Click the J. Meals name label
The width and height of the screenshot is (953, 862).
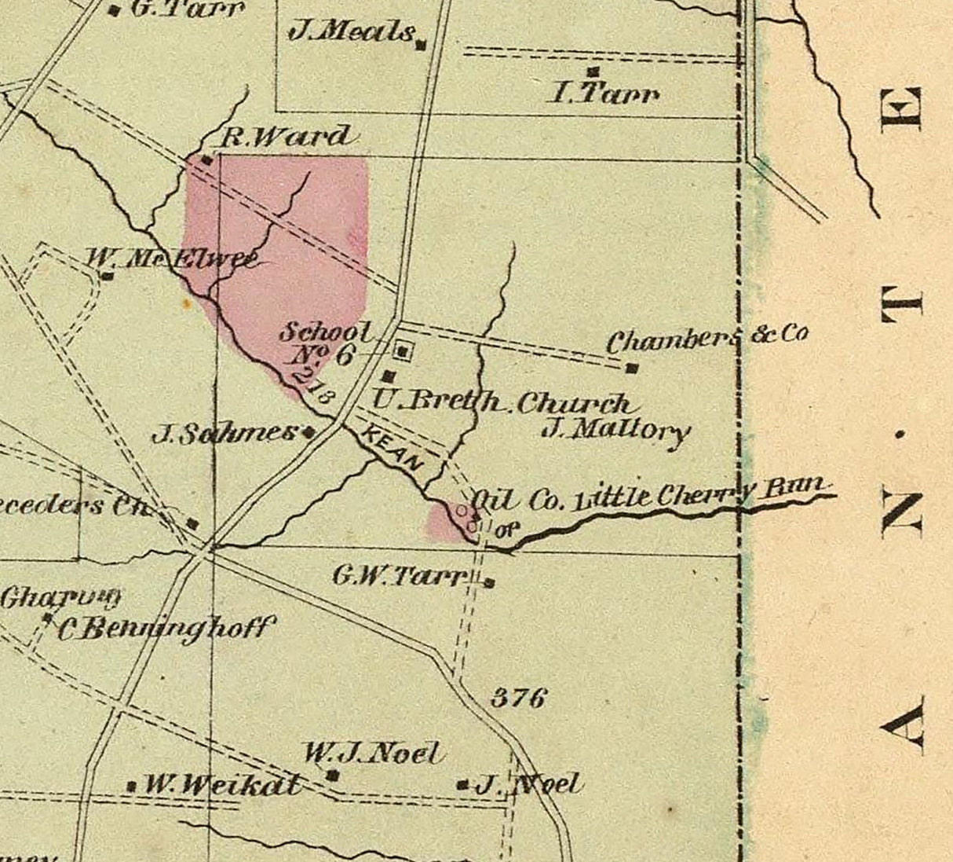click(352, 32)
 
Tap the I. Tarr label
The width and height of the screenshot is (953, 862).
click(604, 94)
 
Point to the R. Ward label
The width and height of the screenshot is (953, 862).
click(284, 137)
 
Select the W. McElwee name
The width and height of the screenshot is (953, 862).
click(171, 258)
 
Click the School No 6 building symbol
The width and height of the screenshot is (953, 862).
click(403, 351)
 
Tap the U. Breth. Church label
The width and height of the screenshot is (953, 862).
click(501, 402)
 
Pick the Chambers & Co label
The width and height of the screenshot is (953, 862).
click(707, 338)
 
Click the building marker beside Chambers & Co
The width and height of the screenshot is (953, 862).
click(632, 368)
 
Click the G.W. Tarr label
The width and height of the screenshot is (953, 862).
click(399, 576)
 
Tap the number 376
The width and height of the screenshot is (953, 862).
click(518, 697)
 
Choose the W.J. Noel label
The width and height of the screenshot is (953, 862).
click(371, 753)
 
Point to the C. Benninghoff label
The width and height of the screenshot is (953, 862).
click(166, 629)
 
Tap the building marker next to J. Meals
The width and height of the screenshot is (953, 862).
click(421, 46)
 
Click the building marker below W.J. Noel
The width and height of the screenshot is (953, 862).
click(333, 776)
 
